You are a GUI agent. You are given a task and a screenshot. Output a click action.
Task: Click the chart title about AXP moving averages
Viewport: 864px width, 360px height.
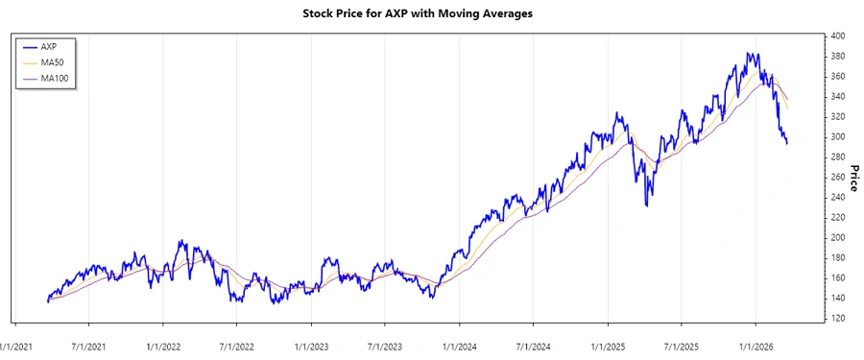pyautogui.click(x=431, y=13)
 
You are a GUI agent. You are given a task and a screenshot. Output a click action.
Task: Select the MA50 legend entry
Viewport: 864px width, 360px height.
pyautogui.click(x=53, y=61)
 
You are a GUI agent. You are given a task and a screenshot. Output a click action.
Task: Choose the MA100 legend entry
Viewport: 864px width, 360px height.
pyautogui.click(x=55, y=78)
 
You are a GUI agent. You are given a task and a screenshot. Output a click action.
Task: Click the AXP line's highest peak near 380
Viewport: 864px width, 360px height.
pyautogui.click(x=748, y=54)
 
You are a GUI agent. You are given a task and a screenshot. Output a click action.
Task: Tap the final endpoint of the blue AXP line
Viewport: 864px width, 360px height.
pyautogui.click(x=787, y=144)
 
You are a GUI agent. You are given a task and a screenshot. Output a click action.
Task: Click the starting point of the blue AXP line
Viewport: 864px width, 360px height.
pyautogui.click(x=47, y=301)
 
